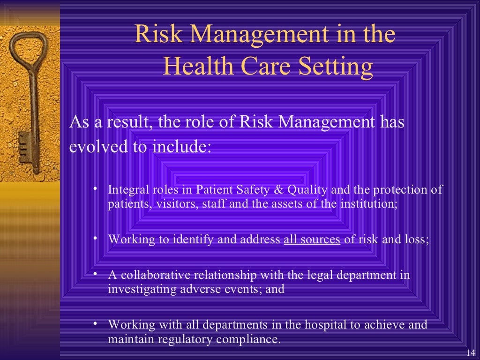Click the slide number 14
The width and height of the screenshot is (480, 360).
point(471,353)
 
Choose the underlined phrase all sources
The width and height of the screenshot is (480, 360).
point(312,240)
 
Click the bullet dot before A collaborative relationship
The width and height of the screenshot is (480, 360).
point(95,273)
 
